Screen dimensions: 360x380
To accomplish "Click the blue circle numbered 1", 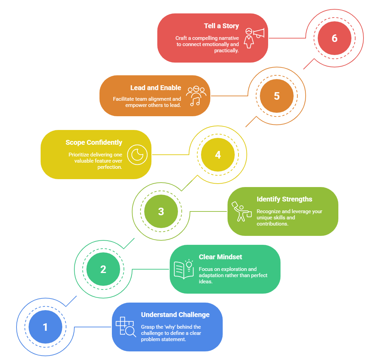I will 45,327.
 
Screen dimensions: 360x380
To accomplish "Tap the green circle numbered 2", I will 103,269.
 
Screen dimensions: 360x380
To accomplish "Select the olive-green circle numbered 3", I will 161,211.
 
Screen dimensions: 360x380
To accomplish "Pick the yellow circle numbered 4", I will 218,155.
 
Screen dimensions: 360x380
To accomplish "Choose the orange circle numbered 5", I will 277,96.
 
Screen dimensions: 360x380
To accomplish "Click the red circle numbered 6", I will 335,38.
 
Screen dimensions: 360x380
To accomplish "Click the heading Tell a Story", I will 221,26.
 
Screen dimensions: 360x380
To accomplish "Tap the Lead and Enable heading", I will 156,88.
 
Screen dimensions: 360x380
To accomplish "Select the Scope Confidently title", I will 94,142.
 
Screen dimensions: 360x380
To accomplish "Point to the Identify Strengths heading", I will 284,199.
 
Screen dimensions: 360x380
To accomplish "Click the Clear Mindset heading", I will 220,257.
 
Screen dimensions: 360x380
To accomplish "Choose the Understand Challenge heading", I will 175,315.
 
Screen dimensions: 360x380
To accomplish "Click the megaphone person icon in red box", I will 254,38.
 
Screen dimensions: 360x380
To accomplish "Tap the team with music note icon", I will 196,96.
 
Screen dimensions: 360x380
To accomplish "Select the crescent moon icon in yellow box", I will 137,155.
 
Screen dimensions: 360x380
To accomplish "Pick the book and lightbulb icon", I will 183,269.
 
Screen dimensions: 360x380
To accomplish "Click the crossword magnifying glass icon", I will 126,327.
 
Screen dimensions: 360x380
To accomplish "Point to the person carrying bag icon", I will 241,211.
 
